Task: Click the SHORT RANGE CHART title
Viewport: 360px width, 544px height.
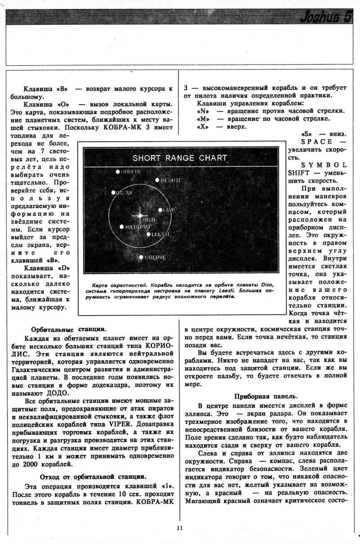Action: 180,158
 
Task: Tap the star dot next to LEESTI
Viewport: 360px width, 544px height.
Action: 148,234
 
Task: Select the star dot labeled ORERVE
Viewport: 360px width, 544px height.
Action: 141,257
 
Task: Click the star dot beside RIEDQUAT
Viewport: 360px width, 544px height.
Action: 121,227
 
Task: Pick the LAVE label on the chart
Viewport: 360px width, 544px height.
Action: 169,210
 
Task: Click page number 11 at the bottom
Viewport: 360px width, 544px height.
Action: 180,528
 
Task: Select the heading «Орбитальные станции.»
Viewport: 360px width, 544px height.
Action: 69,329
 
